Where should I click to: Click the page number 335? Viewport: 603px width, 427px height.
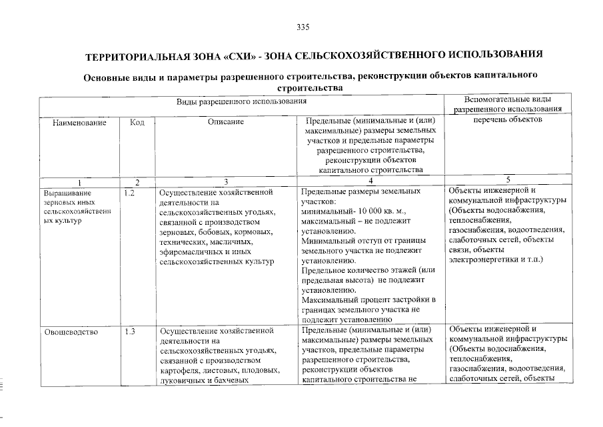point(302,27)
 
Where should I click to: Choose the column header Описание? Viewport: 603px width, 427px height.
point(226,122)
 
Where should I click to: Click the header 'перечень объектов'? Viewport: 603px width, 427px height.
point(508,119)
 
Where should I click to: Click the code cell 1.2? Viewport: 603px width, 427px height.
point(130,193)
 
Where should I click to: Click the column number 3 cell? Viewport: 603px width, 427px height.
point(226,181)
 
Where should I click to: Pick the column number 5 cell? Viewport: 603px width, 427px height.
point(508,179)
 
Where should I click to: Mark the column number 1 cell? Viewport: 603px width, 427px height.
point(79,181)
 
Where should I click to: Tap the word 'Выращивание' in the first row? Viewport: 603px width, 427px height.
point(66,193)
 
